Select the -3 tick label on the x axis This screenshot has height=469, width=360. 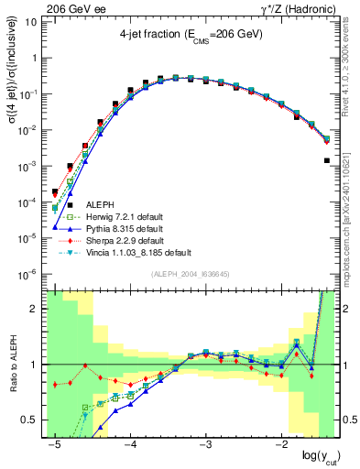pos(207,444)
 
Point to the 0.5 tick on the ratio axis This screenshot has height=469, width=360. pos(33,420)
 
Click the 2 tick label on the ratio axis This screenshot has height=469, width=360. pos(38,309)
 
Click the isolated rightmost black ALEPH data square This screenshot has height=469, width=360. pos(327,160)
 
